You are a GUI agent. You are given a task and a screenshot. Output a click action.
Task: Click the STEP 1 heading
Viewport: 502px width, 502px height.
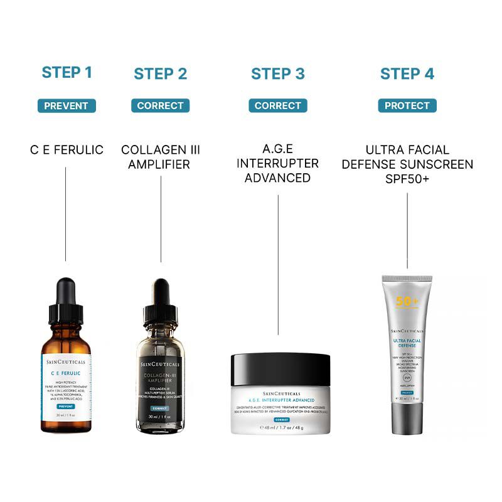tap(67, 73)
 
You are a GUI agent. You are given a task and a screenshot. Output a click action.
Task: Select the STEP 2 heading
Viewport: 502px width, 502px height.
tap(161, 74)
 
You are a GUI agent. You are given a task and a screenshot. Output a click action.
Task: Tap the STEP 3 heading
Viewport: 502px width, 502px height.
tap(278, 74)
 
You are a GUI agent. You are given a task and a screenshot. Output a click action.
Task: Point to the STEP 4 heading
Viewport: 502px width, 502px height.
tap(407, 74)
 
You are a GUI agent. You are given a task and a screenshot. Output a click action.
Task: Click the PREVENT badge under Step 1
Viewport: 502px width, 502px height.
tap(67, 106)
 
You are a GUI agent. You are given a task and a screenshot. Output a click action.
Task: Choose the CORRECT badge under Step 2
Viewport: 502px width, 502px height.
tap(161, 106)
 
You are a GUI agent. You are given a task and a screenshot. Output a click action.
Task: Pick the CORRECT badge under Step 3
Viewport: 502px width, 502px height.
tap(278, 106)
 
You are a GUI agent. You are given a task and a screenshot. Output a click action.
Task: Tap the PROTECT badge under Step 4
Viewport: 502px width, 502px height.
tap(407, 106)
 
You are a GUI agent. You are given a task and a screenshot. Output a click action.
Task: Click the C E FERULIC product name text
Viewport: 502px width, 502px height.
tap(67, 151)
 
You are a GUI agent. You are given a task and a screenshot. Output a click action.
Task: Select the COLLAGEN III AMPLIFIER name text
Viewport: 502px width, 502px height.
tap(161, 157)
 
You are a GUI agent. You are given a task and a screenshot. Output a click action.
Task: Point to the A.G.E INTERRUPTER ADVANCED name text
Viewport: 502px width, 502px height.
tap(278, 164)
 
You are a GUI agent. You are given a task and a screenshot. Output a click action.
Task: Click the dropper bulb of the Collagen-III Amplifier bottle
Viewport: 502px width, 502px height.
tap(161, 294)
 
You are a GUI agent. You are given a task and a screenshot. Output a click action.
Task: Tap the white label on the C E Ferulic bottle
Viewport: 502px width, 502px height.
tap(67, 383)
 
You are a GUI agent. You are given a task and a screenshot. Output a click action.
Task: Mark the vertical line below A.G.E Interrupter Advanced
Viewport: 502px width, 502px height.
tap(278, 264)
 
